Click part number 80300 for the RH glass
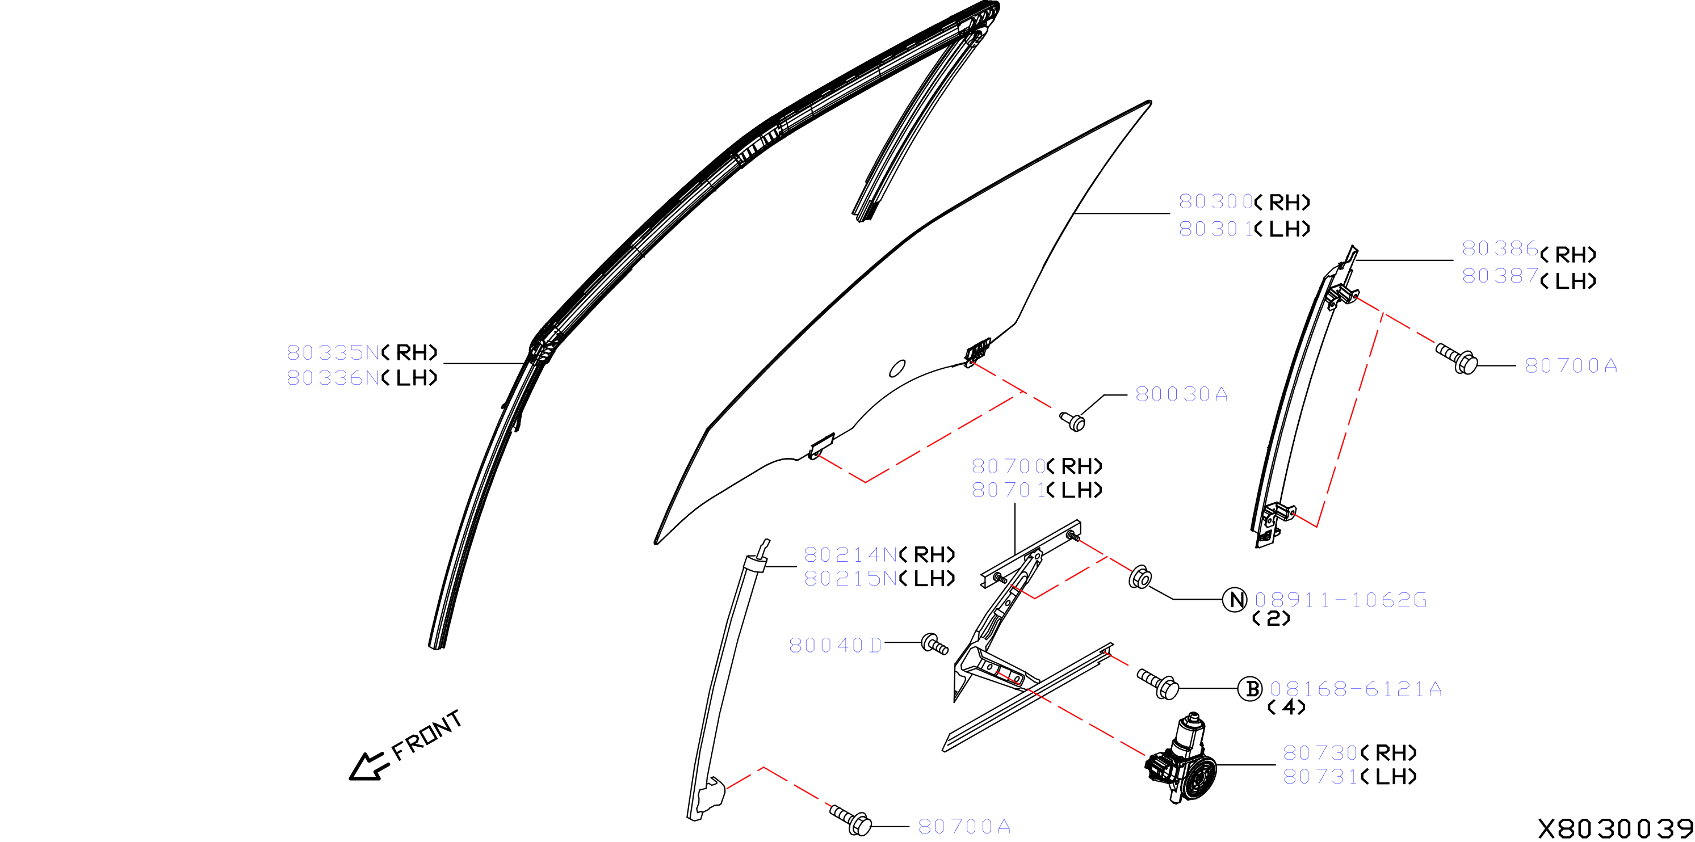click(1215, 201)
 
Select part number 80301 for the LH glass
click(1215, 228)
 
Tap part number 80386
click(1500, 249)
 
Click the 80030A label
click(1182, 394)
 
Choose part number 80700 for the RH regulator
click(1008, 466)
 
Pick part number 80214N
click(851, 554)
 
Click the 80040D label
click(836, 645)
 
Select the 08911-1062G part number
click(1340, 600)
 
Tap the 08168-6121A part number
click(1356, 689)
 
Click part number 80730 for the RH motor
click(1320, 752)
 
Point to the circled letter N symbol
click(1235, 599)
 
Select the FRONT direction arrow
click(368, 767)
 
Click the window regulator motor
click(1181, 759)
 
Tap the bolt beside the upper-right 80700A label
click(1457, 358)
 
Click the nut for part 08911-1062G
click(1140, 577)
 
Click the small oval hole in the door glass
click(897, 368)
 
